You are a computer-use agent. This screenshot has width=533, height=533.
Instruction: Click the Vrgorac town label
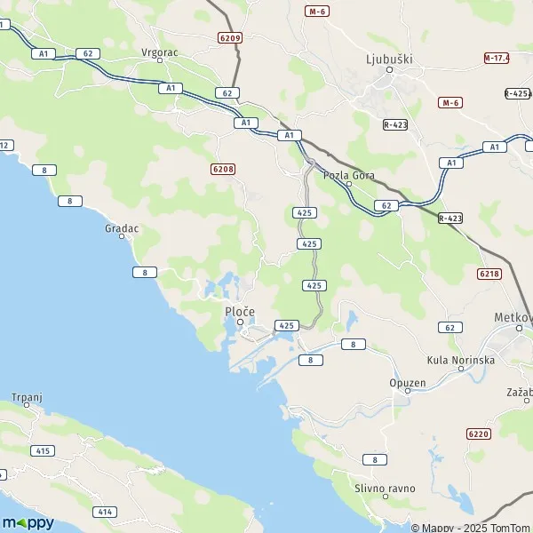(160, 52)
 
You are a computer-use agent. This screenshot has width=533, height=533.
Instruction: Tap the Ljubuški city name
(389, 60)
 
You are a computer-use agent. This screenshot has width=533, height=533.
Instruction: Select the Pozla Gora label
(349, 175)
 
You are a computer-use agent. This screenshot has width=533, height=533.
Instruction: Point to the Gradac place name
(122, 228)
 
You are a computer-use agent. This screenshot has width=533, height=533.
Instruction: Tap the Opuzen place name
(408, 383)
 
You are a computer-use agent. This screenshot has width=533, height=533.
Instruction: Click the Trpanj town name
(27, 396)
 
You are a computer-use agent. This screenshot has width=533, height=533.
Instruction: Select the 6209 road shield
(228, 38)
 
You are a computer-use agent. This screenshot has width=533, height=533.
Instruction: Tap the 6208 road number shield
(223, 168)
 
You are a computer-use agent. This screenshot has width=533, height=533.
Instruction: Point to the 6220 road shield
(478, 434)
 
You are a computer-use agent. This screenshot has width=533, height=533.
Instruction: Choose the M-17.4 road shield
(497, 58)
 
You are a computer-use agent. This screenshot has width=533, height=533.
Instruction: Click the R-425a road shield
(517, 93)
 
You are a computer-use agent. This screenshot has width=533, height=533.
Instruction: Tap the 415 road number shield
(42, 451)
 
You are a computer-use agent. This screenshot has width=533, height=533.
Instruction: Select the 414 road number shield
(106, 512)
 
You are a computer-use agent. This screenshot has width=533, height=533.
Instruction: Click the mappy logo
(28, 522)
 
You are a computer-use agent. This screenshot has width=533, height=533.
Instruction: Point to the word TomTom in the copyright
(510, 528)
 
